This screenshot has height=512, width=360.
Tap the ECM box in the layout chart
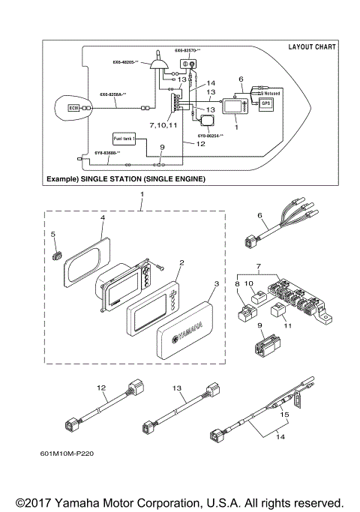73,108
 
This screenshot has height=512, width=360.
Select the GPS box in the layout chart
265,104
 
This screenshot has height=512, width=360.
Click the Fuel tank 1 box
124,139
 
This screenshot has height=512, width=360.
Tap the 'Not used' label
271,93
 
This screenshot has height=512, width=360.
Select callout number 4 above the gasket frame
101,218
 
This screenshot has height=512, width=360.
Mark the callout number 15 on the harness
284,413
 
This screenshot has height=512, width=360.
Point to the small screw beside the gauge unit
160,268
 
